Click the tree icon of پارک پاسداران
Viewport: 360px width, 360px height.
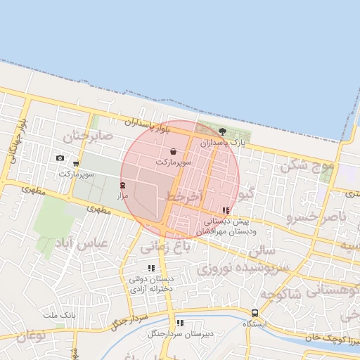coord(223,131)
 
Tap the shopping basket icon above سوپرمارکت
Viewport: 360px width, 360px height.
coord(173,151)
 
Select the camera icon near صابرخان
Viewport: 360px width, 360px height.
coord(60,157)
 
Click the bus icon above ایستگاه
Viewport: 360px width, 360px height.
coord(255,313)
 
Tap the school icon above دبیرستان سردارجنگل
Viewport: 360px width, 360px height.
coord(180,323)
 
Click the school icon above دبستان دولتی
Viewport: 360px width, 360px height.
coord(151,268)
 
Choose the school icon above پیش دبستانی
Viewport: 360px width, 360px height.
coord(225,210)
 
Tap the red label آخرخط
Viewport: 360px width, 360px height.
coord(184,195)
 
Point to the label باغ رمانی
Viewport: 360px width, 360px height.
coord(165,247)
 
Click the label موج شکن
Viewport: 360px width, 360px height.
coord(304,166)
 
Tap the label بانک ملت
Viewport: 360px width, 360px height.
coord(59,314)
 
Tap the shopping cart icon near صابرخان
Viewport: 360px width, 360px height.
coord(75,163)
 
